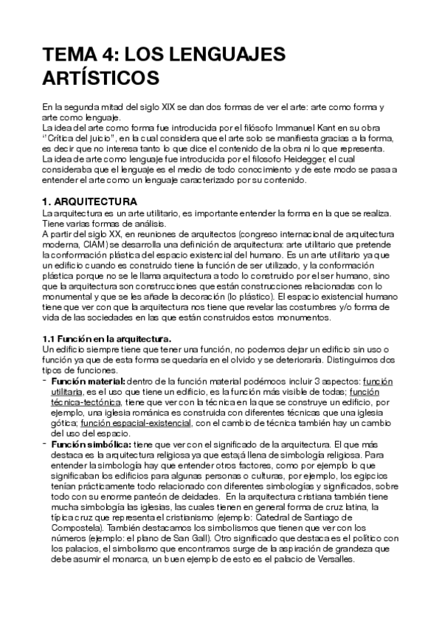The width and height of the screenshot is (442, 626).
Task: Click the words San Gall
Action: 193,540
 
